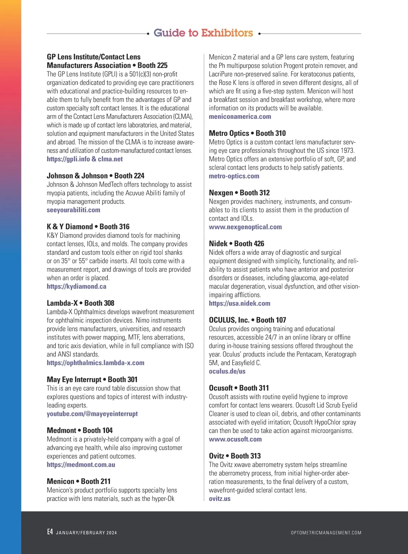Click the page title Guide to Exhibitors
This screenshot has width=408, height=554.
point(203,33)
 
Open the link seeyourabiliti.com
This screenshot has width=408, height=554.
point(73,210)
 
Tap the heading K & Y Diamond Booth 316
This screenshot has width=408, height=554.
point(88,227)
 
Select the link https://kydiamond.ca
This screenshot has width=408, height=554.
point(76,286)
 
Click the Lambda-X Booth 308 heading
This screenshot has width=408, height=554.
point(81,303)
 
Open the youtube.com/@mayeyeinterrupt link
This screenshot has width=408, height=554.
point(92,414)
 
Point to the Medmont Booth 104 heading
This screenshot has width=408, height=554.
point(80,430)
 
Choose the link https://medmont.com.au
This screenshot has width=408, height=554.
point(81,465)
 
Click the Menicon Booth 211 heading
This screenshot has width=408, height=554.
point(79,481)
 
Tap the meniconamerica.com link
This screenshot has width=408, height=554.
point(240,117)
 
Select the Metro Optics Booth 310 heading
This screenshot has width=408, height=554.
point(247,133)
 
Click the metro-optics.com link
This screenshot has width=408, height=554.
point(234,176)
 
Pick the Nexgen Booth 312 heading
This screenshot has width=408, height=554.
point(239,193)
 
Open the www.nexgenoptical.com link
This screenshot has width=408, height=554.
point(245,227)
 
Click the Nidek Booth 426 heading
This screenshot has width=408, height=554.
point(236,244)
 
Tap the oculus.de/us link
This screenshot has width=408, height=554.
point(227,371)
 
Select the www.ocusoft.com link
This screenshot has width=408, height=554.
point(235,439)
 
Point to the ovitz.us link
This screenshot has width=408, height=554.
point(220,499)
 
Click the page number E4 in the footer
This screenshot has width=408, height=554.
point(50,532)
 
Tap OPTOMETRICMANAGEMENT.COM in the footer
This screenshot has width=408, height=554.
point(326,533)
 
